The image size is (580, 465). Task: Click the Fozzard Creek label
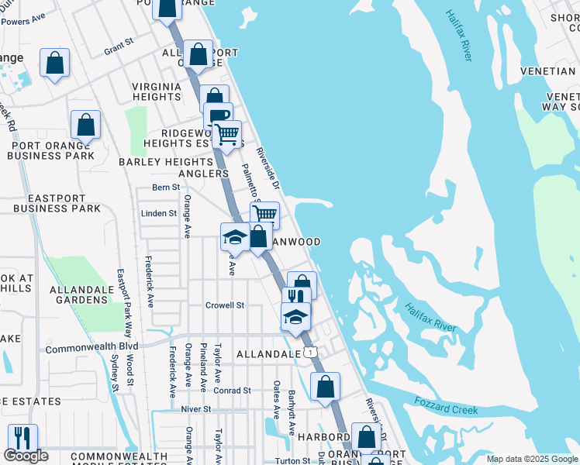point(446,405)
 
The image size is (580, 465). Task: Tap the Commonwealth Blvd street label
point(91,347)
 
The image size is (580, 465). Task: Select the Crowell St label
point(225,305)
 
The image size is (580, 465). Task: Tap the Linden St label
point(159,213)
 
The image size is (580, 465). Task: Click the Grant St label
point(119,48)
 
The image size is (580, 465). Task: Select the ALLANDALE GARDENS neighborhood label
point(78,294)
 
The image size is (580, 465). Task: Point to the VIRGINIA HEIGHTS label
point(157,91)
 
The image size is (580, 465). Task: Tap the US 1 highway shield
point(311,353)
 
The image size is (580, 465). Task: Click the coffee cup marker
point(219,115)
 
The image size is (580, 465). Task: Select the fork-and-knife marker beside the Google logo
point(22,438)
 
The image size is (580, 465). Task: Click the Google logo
point(26,456)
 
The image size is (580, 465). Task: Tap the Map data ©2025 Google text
point(532,459)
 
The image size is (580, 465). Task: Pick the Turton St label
point(292,460)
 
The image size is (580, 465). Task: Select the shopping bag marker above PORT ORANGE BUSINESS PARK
point(85,123)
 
